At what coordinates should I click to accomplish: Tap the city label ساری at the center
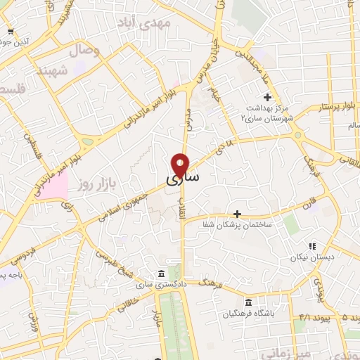[183, 180]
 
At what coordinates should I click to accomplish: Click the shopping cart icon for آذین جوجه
[9, 32]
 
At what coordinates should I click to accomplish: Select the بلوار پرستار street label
[325, 108]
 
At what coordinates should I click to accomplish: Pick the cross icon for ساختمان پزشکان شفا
[238, 214]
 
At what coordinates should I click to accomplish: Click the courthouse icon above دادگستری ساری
[162, 273]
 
